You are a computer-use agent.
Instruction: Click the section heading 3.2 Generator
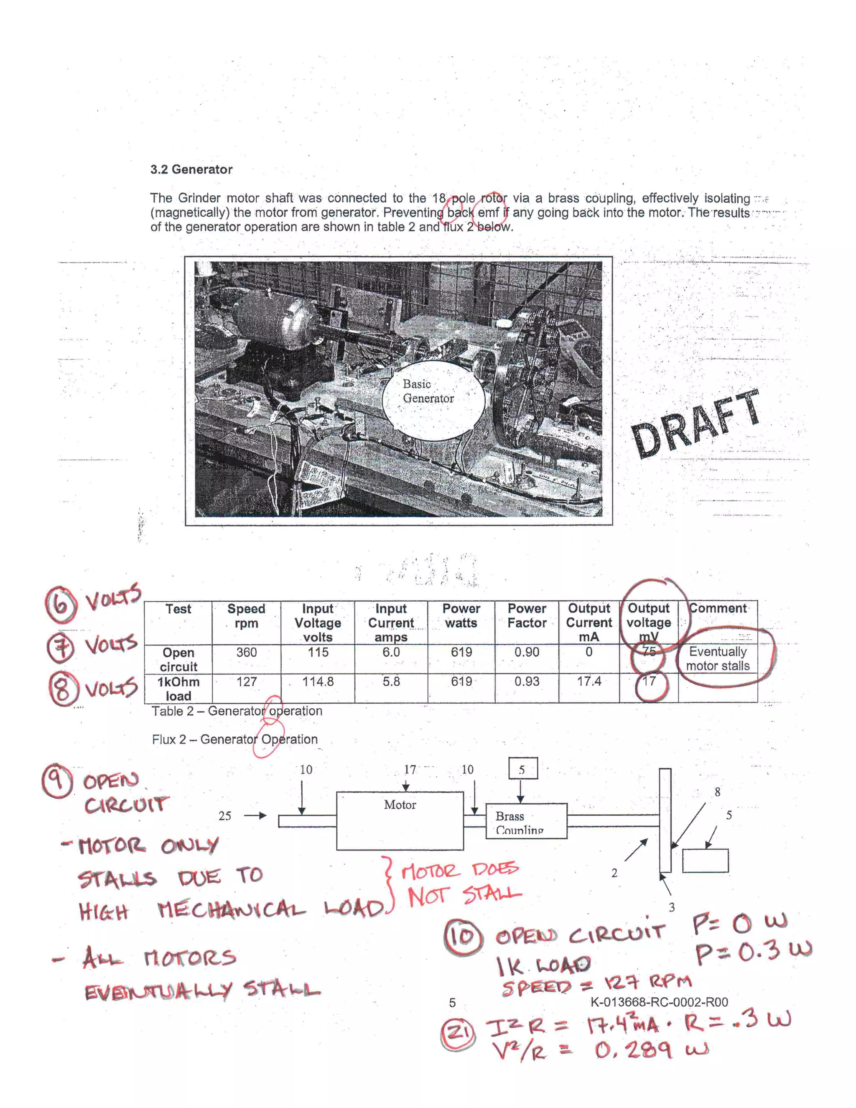191,169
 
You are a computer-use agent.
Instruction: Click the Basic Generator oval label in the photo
429,391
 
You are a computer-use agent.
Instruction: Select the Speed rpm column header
247,616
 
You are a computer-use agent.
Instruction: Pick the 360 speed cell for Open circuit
247,652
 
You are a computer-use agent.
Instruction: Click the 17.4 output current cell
589,682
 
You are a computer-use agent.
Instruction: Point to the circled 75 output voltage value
648,652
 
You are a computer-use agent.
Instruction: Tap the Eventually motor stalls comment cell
718,659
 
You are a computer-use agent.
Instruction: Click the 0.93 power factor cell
527,682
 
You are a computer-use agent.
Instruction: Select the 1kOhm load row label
178,689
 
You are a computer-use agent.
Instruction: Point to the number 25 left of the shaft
224,816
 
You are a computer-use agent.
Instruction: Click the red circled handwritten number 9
57,781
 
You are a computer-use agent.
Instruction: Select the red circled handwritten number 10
462,937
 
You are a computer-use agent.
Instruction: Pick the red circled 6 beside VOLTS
61,604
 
